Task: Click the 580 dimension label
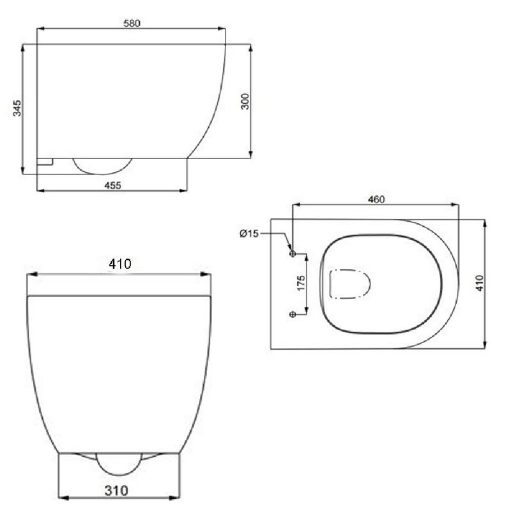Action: click(132, 23)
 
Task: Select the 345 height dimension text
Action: click(17, 108)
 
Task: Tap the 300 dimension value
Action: click(245, 102)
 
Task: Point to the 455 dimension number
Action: click(112, 185)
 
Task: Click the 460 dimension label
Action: click(376, 199)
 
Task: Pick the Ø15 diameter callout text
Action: click(249, 233)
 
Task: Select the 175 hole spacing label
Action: click(301, 283)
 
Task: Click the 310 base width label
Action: click(116, 491)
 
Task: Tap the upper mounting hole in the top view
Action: click(293, 254)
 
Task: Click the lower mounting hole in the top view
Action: click(293, 314)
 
